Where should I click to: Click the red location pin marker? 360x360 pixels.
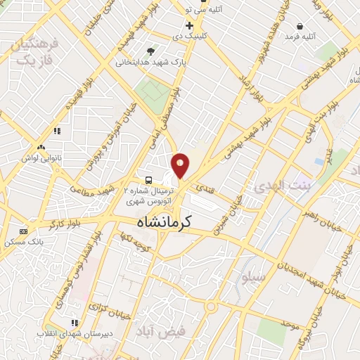coord(181,165)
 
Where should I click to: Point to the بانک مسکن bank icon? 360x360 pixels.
coord(25,231)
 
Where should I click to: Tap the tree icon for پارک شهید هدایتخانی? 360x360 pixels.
coord(151,51)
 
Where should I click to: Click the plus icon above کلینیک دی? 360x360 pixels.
coord(189,26)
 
